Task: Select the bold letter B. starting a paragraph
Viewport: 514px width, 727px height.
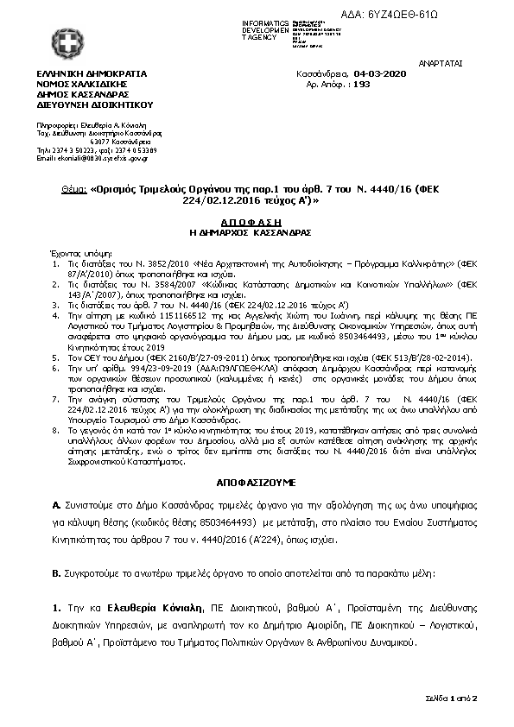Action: [x=57, y=572]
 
